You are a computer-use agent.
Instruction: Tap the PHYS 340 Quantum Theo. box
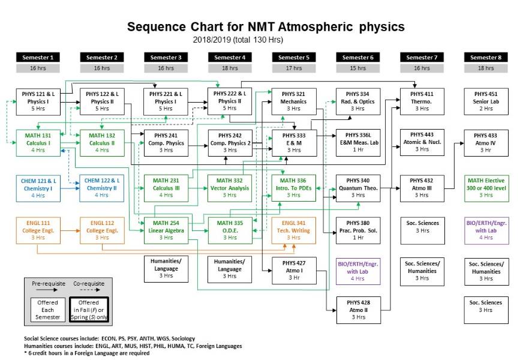(x=357, y=187)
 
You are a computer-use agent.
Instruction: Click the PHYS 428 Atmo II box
(x=357, y=310)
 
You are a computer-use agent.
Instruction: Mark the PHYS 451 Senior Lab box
(x=485, y=101)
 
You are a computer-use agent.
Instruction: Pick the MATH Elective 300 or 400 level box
(x=485, y=187)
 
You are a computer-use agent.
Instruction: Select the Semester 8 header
(x=485, y=58)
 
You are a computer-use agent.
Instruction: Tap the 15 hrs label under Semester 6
(x=357, y=68)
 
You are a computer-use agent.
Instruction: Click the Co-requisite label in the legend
(x=88, y=283)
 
